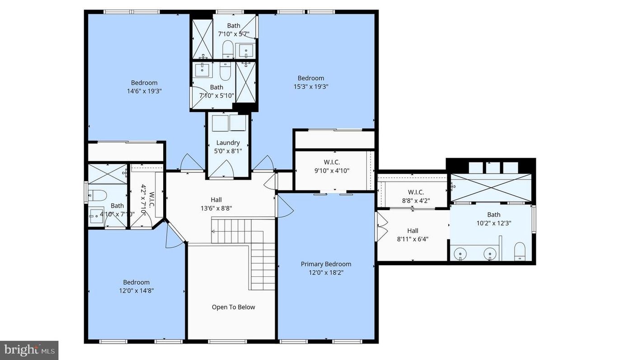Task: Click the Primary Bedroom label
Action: click(326, 264)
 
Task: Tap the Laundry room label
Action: click(228, 143)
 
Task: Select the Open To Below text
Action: click(233, 307)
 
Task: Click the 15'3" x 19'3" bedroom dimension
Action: click(310, 86)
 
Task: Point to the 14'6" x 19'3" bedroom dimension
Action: click(144, 91)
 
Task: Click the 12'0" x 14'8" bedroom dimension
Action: click(136, 291)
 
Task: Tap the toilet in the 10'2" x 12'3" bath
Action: click(520, 251)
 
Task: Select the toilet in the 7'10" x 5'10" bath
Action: click(225, 70)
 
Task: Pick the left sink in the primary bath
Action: click(460, 254)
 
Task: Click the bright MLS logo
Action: click(29, 350)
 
